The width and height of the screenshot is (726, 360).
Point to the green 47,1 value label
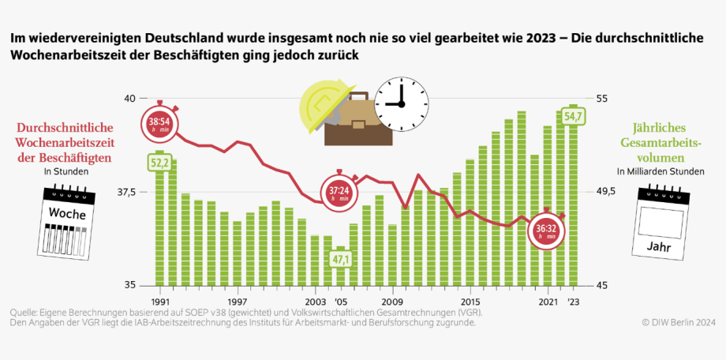coord(340,258)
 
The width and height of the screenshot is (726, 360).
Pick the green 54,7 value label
coord(574,117)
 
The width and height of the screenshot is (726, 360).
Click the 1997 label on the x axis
coord(237,302)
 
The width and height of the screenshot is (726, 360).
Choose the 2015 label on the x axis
coord(470,302)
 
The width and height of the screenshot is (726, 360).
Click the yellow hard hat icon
coord(321,104)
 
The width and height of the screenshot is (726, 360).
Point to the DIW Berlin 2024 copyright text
coord(678,322)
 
